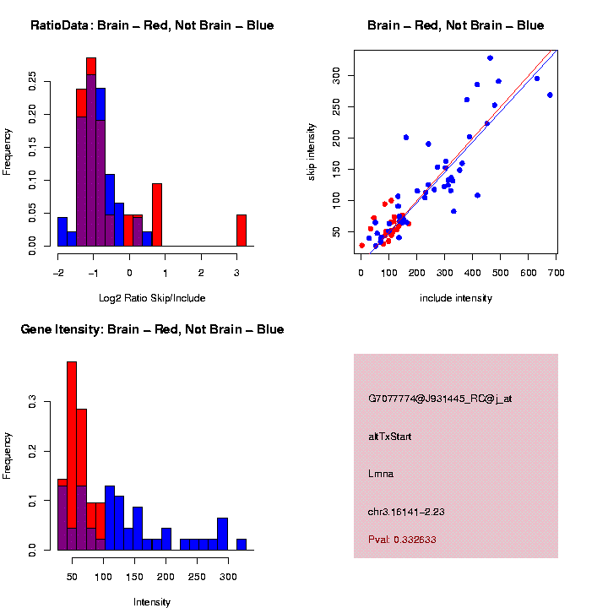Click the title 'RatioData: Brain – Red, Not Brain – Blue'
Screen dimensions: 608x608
coord(152,25)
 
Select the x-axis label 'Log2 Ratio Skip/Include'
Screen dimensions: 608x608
coord(152,297)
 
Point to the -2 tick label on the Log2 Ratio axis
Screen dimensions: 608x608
coord(57,272)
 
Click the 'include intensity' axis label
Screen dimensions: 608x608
coord(456,298)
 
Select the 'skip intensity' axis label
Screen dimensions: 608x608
coord(312,150)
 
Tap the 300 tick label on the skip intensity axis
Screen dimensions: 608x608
coord(335,76)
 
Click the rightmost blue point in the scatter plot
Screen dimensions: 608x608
coord(550,95)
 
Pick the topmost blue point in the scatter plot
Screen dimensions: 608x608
coord(490,57)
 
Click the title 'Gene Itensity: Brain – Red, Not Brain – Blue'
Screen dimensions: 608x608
coord(152,329)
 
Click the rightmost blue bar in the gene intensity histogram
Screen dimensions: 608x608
coord(242,544)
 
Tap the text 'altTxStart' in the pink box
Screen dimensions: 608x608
coord(390,436)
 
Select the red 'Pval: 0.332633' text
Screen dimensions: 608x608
coord(402,539)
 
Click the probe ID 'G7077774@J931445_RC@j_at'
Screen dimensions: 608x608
coord(440,399)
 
